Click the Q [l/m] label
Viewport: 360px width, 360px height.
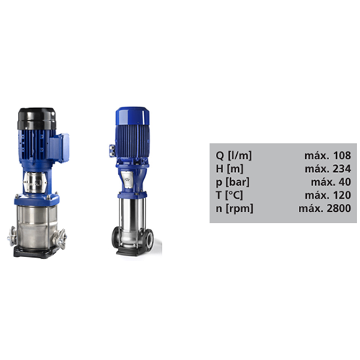pos(234,156)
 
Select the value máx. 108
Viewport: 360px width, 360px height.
pos(328,156)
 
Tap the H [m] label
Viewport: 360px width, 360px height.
pos(230,168)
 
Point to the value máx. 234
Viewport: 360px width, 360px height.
pos(328,168)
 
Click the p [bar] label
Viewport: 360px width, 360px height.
pos(233,182)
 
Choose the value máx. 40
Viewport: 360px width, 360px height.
pos(331,182)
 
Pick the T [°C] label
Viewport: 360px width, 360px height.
pos(229,195)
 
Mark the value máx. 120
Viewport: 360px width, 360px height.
pos(328,195)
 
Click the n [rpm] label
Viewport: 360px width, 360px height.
pos(235,208)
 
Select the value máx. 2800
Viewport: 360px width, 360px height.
pos(325,208)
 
